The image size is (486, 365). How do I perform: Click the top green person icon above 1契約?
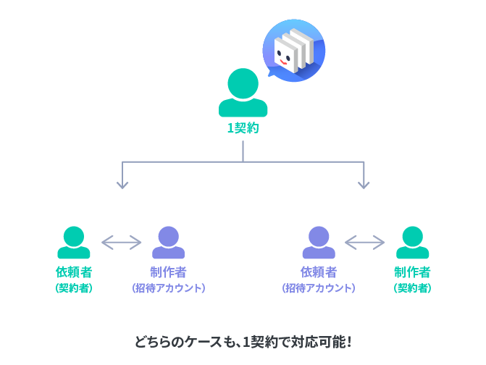243,92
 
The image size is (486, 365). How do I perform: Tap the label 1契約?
243,128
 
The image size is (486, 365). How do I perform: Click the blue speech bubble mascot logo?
293,51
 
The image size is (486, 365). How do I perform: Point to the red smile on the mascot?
283,62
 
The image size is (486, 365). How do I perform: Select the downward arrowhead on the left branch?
122,185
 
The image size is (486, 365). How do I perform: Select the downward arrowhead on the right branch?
364,185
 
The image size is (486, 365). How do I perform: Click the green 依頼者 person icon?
74,243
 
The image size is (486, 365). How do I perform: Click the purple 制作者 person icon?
168,243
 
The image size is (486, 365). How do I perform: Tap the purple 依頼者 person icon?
319,243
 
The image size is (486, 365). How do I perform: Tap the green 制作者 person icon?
413,243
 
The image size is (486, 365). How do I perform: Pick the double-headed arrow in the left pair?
121,243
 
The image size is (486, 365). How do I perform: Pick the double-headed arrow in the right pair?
364,243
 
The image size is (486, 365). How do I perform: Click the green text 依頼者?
74,272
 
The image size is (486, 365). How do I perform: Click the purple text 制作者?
168,272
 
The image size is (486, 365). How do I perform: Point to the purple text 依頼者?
319,272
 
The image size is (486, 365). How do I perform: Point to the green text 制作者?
413,272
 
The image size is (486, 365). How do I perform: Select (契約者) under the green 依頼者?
74,288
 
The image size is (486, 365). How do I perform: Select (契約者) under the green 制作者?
413,288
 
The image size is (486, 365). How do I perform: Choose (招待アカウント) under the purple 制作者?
168,288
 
